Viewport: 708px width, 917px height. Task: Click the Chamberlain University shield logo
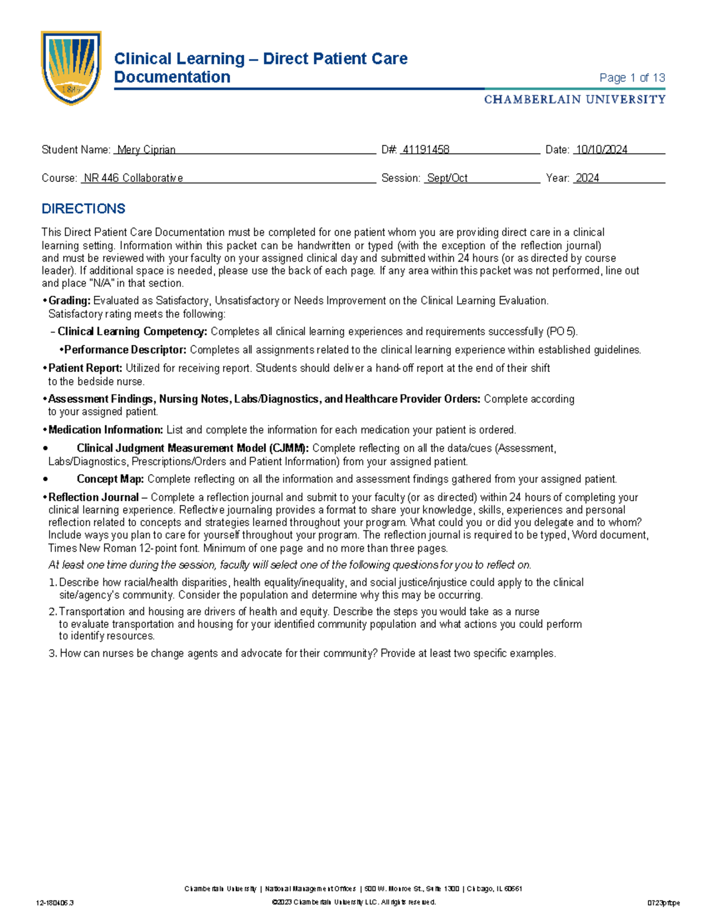tap(71, 68)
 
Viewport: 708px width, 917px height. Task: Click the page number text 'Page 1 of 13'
tap(632, 78)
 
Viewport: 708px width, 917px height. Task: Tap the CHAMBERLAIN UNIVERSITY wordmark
tap(575, 100)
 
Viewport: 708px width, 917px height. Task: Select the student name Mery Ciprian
tap(146, 150)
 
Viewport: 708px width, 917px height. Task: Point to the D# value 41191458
tap(425, 150)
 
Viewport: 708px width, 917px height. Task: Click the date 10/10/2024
tap(602, 150)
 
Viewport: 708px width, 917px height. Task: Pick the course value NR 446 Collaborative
tap(133, 178)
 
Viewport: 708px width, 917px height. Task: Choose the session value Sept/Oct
tap(447, 178)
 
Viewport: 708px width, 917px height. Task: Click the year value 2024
tap(587, 178)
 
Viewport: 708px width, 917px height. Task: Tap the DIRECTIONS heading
tap(83, 209)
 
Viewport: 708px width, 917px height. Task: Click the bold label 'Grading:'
tap(70, 301)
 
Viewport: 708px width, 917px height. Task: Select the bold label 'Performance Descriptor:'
tap(126, 350)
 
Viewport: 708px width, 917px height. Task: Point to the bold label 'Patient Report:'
tap(86, 368)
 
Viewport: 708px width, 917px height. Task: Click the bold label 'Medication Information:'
tap(106, 430)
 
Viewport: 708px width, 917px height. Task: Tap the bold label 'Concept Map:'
tap(110, 479)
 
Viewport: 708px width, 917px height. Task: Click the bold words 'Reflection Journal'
tap(94, 497)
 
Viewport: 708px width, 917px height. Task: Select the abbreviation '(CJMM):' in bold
tap(289, 448)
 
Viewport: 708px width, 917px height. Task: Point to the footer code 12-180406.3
tap(55, 903)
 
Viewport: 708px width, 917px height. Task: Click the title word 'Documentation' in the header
tap(172, 77)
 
